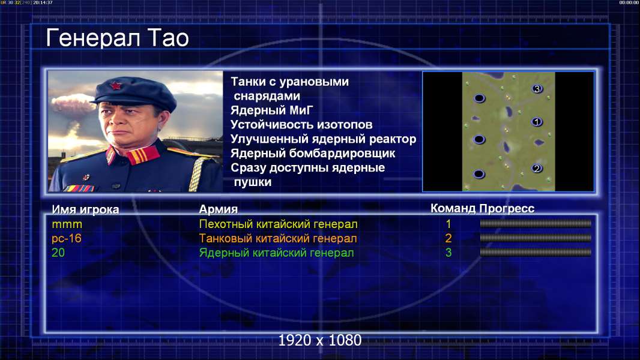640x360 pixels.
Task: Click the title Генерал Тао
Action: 118,38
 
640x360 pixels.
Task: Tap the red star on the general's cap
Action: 115,86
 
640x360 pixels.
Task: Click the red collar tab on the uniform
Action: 142,155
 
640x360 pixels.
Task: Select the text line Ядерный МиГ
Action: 271,110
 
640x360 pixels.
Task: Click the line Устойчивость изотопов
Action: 301,125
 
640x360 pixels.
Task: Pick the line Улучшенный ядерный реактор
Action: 323,139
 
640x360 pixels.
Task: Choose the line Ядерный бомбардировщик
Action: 313,153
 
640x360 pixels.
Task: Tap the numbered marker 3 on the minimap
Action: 537,89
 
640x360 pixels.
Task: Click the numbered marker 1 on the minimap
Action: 537,122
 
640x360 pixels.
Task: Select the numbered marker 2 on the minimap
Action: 537,169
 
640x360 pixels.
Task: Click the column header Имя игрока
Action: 85,209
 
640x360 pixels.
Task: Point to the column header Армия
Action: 219,209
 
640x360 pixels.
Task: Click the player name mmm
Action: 67,224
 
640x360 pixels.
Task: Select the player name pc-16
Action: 67,239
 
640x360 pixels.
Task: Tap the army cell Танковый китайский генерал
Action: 278,239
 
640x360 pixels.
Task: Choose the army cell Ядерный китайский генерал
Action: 276,253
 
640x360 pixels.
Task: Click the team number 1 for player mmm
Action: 448,224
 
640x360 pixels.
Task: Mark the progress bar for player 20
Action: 536,253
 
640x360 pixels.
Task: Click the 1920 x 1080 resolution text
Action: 320,340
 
